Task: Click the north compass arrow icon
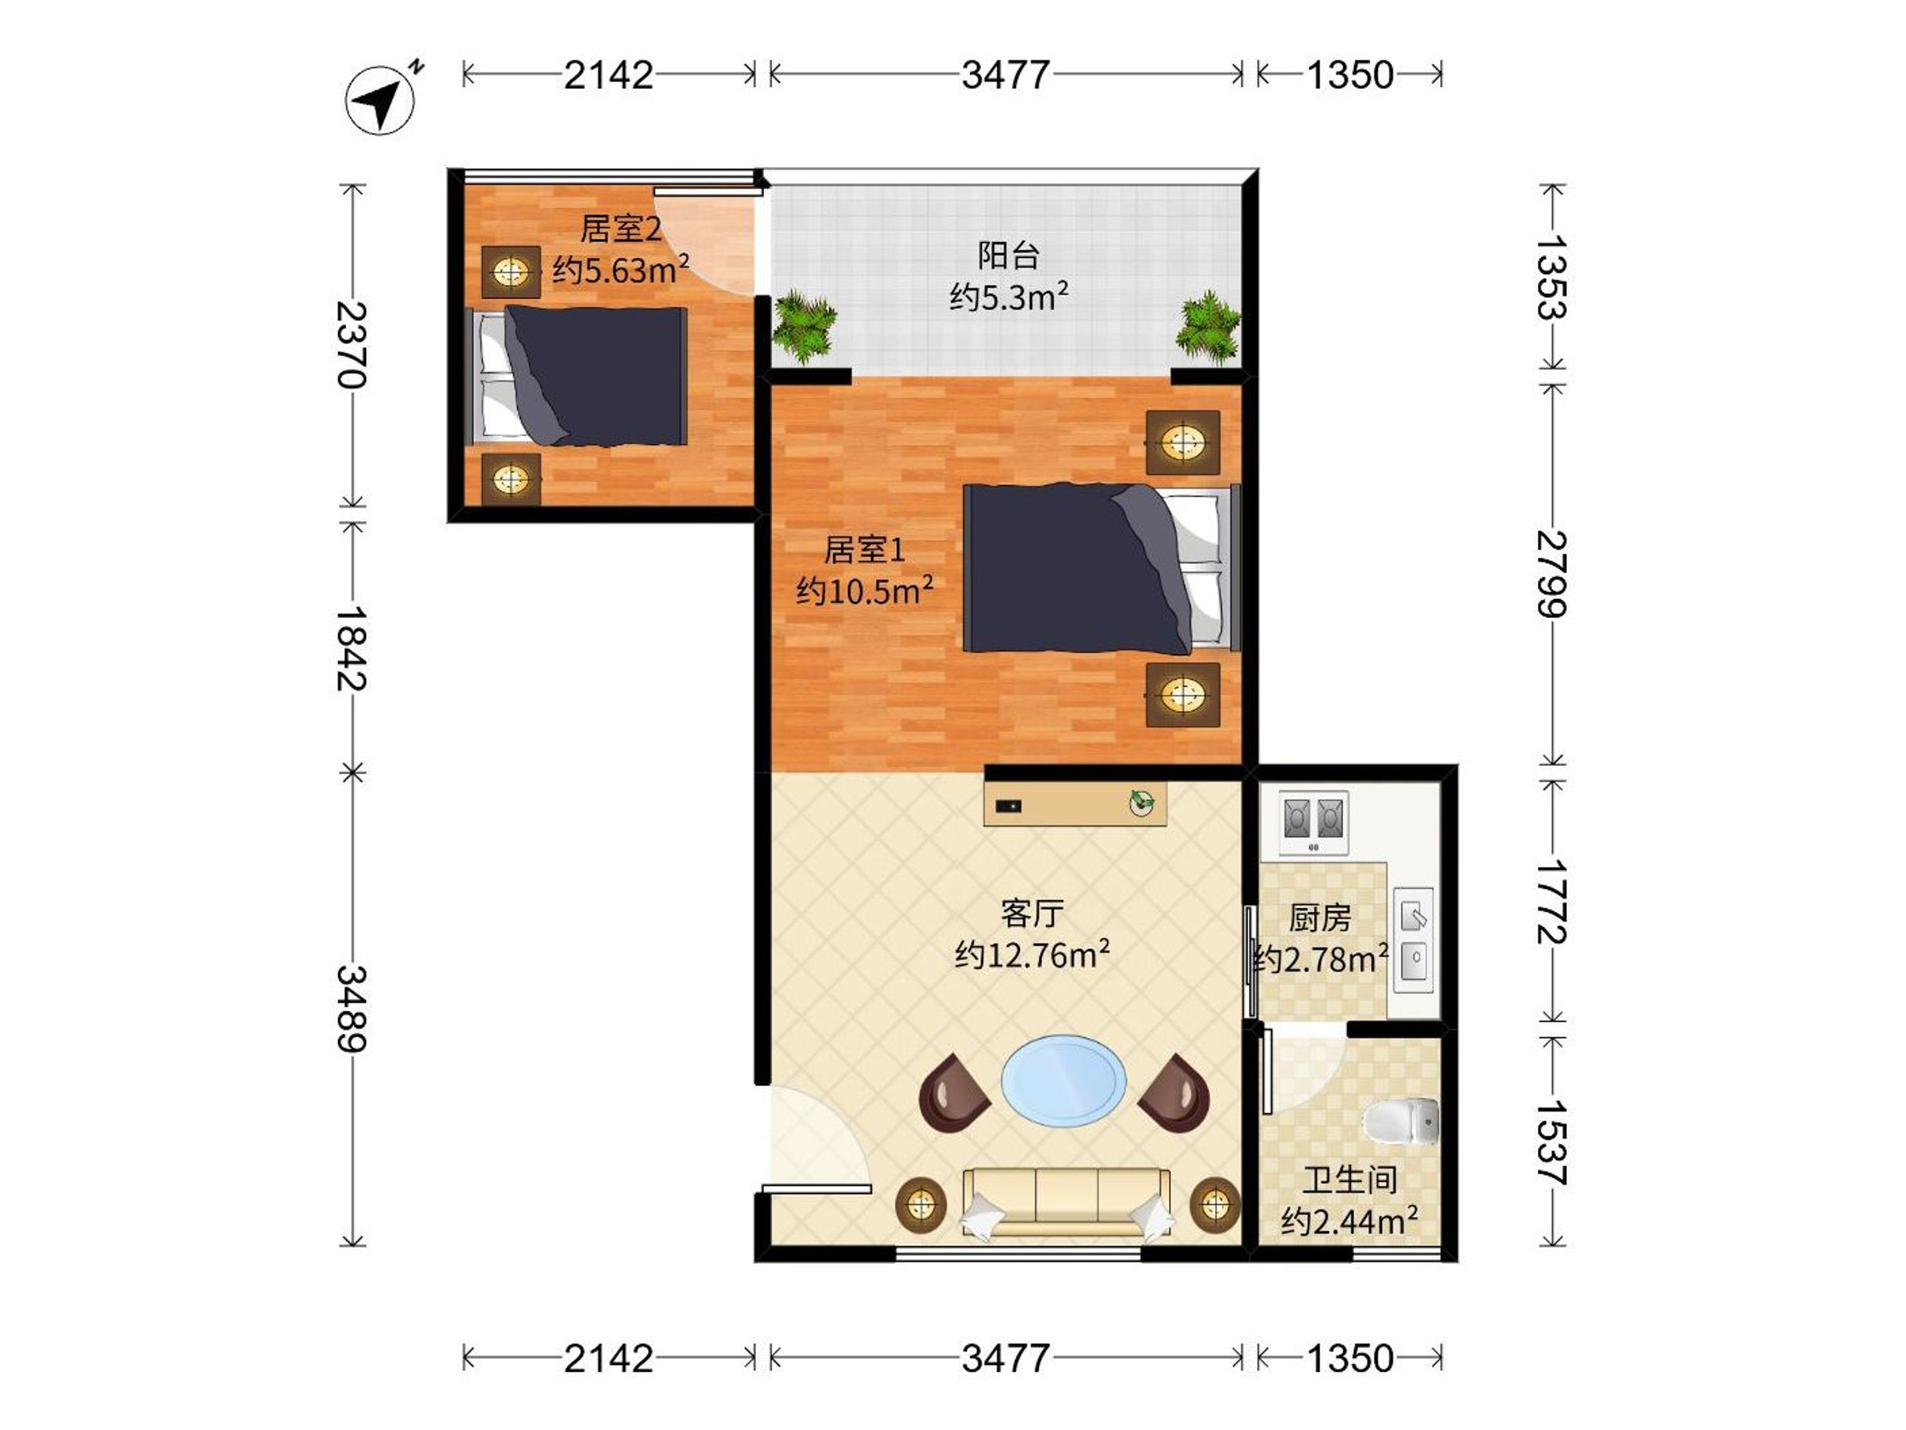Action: (380, 99)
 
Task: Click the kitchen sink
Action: (1414, 940)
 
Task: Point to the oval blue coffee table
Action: (1063, 1079)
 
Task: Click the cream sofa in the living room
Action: (1066, 1204)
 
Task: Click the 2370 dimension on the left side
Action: (353, 345)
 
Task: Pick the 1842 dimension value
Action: (353, 648)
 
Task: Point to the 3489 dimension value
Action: (353, 1008)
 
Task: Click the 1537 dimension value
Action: (1552, 1142)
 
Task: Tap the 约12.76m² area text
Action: (1032, 954)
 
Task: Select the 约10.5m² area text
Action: (864, 590)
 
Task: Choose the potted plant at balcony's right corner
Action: (1209, 327)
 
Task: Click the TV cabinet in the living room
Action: (1075, 803)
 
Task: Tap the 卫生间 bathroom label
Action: (1349, 1180)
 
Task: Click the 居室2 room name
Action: (620, 229)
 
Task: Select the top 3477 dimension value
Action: (1005, 75)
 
